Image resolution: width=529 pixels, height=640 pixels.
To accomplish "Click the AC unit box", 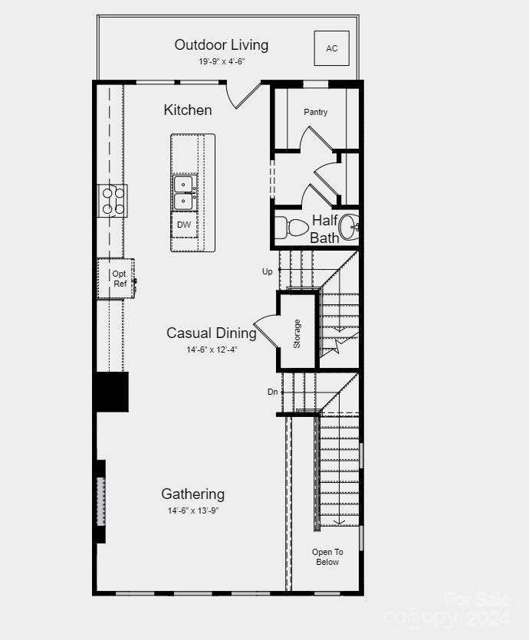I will click(x=331, y=48).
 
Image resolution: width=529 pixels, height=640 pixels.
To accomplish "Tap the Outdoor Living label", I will click(x=221, y=44).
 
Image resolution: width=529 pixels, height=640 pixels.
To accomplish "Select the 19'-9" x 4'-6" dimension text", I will click(x=221, y=61).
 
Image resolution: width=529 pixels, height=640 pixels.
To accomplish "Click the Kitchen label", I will click(x=188, y=110).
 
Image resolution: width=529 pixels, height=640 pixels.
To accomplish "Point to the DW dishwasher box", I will click(x=184, y=225).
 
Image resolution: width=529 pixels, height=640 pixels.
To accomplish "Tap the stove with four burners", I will click(x=113, y=201).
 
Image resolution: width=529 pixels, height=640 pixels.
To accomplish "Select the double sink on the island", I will click(x=184, y=192).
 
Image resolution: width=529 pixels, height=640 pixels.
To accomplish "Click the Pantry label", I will click(x=315, y=112).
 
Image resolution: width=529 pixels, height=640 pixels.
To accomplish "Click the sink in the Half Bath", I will click(x=350, y=227).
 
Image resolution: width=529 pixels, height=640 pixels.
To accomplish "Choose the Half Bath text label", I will click(x=325, y=229).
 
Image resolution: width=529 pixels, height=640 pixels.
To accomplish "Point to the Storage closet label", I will click(x=297, y=333).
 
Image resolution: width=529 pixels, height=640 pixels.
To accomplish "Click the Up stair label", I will click(x=267, y=271).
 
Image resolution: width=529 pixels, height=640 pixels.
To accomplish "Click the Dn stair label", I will click(x=272, y=392).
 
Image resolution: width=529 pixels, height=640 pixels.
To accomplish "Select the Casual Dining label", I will click(x=212, y=333).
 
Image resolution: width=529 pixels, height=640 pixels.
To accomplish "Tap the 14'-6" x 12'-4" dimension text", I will click(x=212, y=350).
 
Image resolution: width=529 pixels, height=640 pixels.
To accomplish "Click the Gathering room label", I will click(x=192, y=494).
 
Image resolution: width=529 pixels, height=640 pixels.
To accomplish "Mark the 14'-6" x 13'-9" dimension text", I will click(x=193, y=510).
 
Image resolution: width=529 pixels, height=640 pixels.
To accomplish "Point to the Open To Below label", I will click(x=327, y=556).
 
